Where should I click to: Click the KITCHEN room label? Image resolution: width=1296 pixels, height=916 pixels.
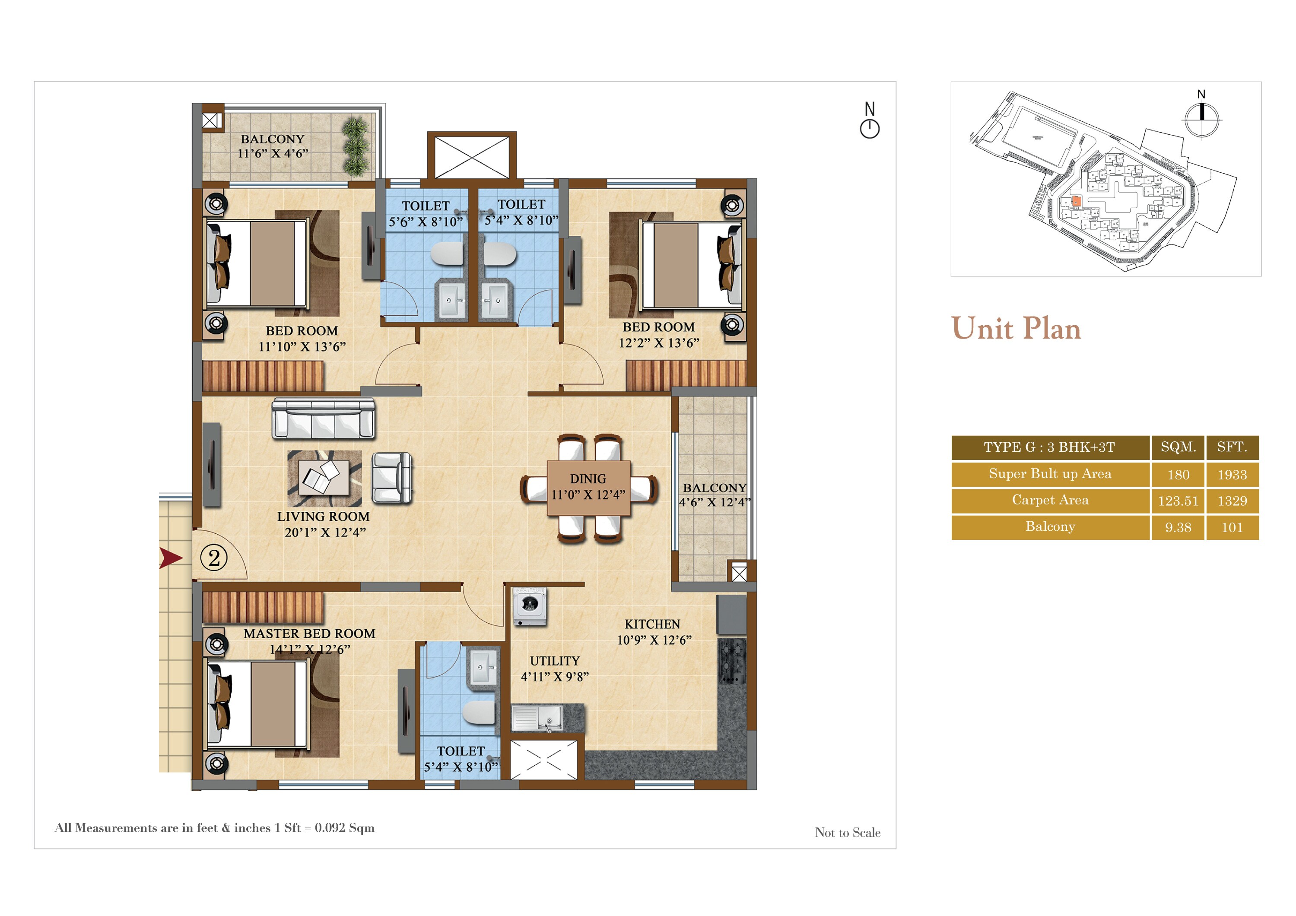click(x=652, y=624)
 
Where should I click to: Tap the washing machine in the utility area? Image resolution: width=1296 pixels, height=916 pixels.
click(x=529, y=606)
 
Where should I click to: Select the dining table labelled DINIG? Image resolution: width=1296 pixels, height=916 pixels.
click(x=588, y=488)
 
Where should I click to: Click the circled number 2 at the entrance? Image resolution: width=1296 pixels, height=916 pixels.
click(x=214, y=558)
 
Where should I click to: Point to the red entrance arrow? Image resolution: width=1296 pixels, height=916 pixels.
click(x=171, y=558)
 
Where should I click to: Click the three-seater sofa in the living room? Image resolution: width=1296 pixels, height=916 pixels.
click(x=323, y=419)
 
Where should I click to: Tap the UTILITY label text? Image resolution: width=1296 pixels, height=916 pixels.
click(x=554, y=661)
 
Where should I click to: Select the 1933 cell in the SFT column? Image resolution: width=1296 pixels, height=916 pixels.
click(x=1232, y=475)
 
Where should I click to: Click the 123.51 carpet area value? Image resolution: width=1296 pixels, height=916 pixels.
click(x=1178, y=501)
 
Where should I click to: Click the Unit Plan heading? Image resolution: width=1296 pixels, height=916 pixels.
click(x=1016, y=329)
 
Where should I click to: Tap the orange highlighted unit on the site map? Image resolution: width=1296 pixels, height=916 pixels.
click(x=1077, y=201)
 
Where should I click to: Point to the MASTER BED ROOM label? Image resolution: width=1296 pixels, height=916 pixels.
click(x=309, y=633)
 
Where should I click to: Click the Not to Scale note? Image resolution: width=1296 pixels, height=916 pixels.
click(x=847, y=833)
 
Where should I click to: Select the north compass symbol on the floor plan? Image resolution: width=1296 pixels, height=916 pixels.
click(x=869, y=121)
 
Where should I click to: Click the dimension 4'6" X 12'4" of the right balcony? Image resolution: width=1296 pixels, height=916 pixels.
click(x=714, y=502)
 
